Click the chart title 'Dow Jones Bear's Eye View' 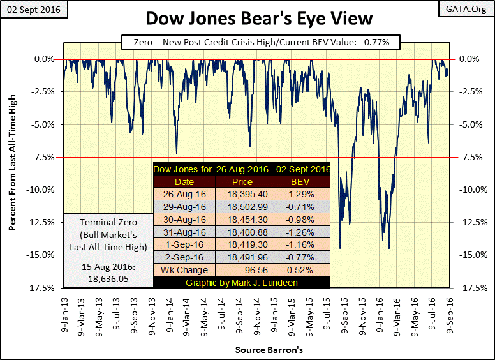[247, 19]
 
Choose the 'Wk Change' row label [184, 269]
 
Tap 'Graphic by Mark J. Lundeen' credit [242, 281]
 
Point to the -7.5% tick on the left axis [44, 157]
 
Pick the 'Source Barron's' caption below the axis [256, 350]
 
